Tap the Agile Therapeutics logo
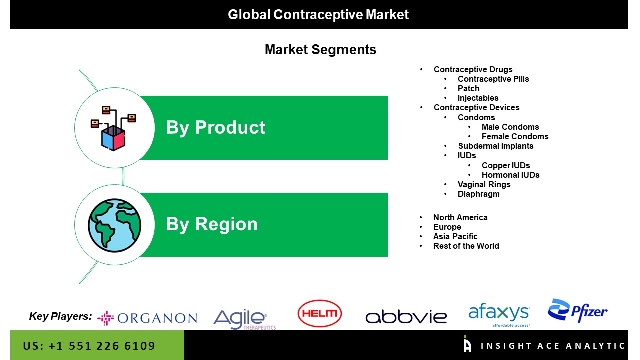(245, 319)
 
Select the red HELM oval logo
(319, 313)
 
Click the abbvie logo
(406, 317)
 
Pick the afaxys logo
(499, 315)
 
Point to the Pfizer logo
(577, 311)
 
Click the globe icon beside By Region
(114, 225)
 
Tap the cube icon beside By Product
(113, 128)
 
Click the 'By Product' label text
(216, 127)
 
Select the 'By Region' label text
(212, 224)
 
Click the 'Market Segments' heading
(320, 49)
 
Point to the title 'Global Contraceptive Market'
(318, 15)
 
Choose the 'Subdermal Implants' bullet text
(496, 146)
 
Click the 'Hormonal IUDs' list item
(511, 175)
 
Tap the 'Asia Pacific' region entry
(455, 236)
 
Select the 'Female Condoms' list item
(515, 136)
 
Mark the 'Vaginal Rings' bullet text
(484, 185)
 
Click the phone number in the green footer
(89, 346)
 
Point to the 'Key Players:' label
(60, 316)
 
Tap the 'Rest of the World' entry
(466, 246)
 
